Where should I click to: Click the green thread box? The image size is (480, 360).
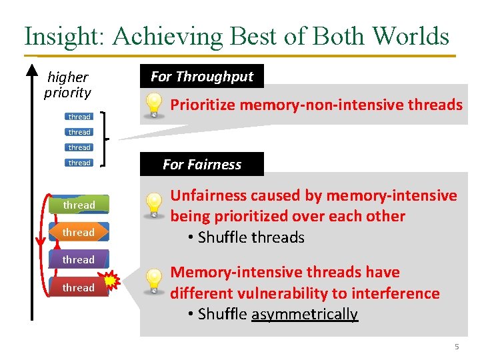click(79, 205)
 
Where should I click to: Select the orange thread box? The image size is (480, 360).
click(79, 232)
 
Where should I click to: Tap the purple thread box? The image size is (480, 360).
click(79, 259)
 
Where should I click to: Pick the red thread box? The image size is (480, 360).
click(79, 287)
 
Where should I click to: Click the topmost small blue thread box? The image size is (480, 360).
click(79, 117)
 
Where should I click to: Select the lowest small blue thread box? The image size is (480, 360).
click(79, 163)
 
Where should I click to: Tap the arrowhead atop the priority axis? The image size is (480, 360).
click(31, 67)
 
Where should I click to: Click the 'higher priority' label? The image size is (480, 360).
click(67, 85)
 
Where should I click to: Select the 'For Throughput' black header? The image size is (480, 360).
click(202, 76)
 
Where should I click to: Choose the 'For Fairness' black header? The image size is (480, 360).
click(202, 164)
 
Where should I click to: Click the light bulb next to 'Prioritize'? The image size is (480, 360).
click(154, 105)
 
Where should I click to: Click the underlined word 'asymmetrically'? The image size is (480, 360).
click(305, 314)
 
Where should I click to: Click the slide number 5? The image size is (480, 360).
click(457, 347)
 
